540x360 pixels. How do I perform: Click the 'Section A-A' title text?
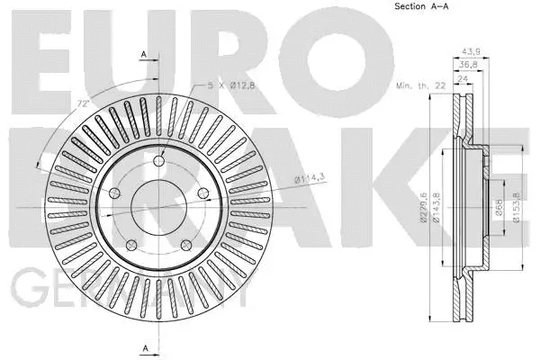[x=420, y=7]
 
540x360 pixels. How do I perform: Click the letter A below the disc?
[x=144, y=347]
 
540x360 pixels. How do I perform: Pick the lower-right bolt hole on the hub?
[x=184, y=241]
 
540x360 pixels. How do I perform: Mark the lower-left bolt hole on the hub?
[x=130, y=241]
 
